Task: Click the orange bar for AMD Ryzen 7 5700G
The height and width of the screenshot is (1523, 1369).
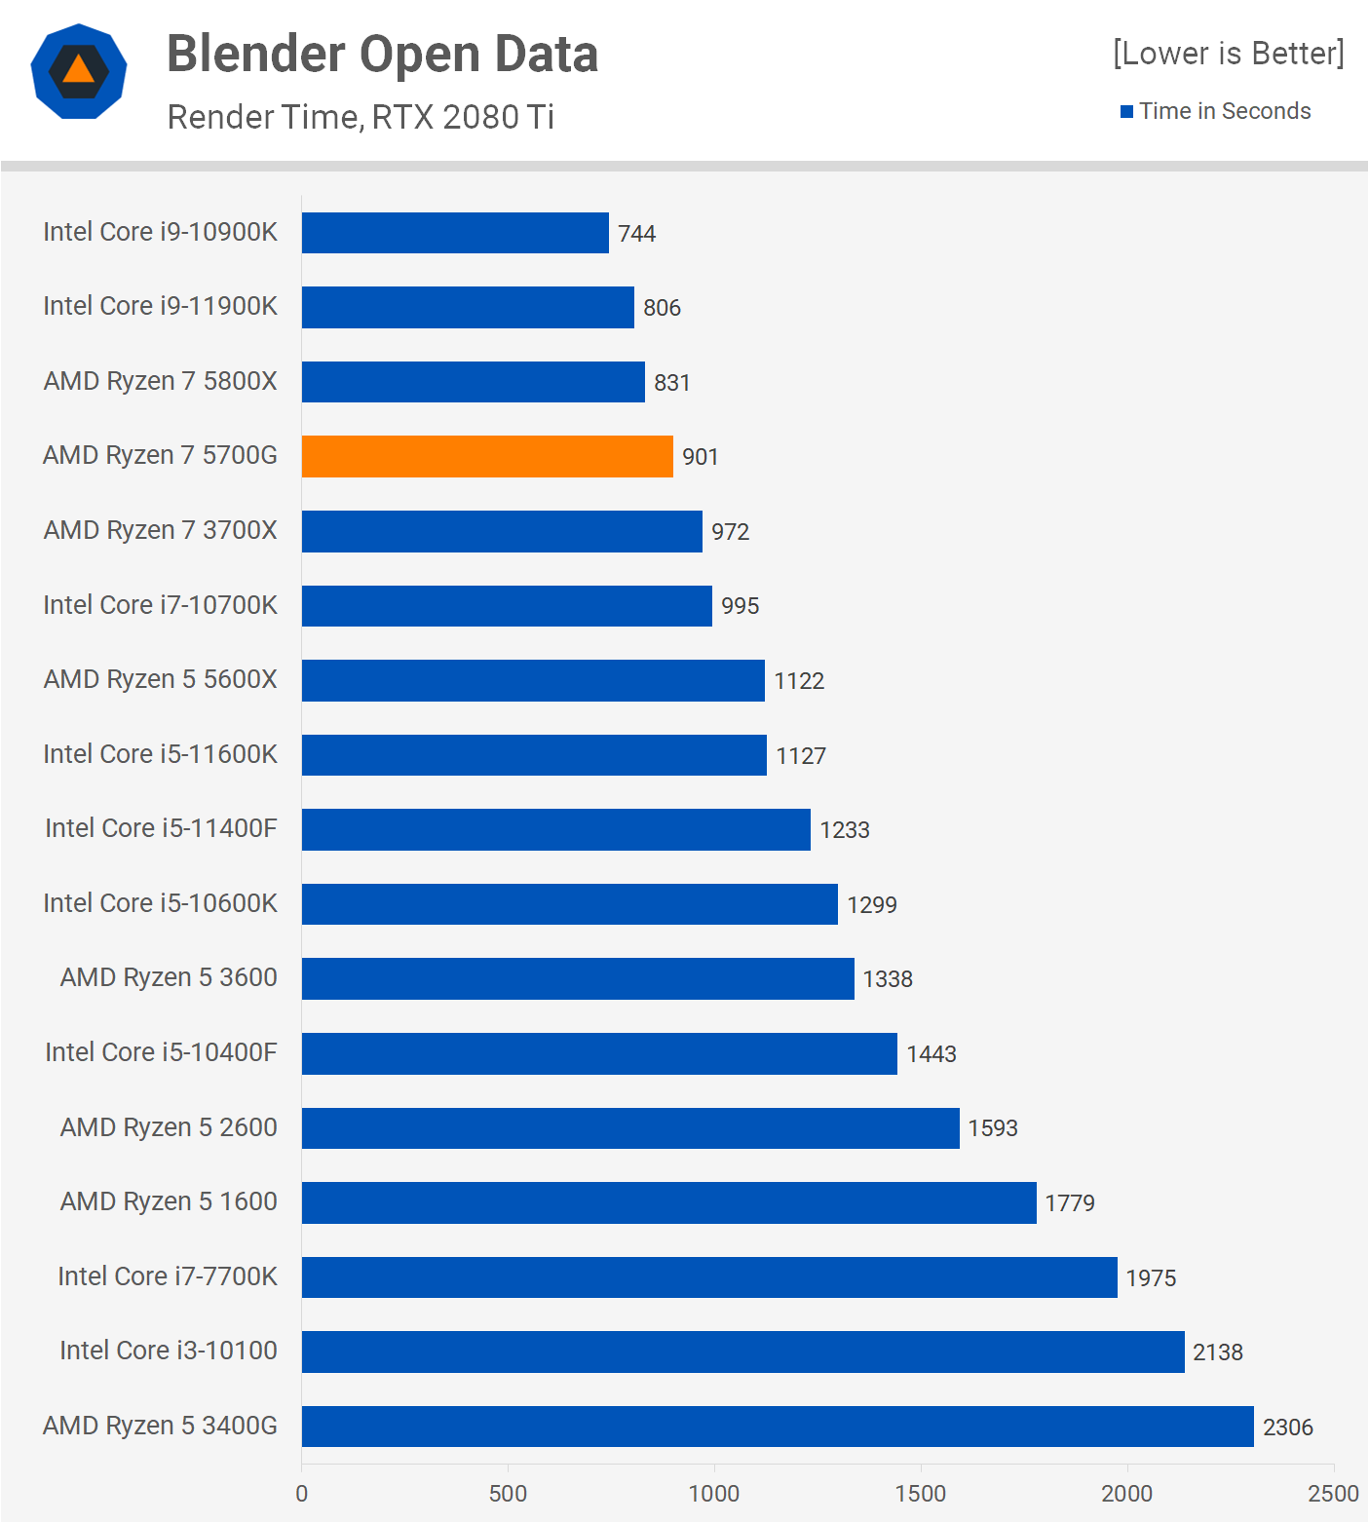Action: [x=487, y=456]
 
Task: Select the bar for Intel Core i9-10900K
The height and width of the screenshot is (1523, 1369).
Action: [x=455, y=233]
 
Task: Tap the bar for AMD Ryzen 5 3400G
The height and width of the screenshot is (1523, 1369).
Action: [x=778, y=1427]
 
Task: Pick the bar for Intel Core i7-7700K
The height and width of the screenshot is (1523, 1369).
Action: [x=709, y=1277]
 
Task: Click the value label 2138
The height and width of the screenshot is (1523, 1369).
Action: [x=1218, y=1352]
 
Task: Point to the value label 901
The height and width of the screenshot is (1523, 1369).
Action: [x=701, y=457]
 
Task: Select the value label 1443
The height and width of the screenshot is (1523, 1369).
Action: [x=932, y=1054]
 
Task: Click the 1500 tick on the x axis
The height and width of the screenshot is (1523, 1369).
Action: [x=921, y=1494]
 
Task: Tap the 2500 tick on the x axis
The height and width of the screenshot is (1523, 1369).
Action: [x=1333, y=1494]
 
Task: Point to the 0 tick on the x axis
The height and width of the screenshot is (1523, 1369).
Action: [x=302, y=1494]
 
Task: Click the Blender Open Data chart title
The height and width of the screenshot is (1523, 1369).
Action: [x=382, y=55]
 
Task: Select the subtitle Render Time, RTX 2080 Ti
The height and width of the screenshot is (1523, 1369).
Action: [x=361, y=117]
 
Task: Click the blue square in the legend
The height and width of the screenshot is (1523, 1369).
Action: [x=1127, y=112]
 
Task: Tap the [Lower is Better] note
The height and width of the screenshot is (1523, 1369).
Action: [x=1228, y=54]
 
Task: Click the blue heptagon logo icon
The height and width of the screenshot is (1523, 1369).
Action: [x=79, y=71]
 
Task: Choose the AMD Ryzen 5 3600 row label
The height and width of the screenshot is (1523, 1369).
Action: [x=169, y=977]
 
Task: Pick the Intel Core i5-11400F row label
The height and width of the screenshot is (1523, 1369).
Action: [x=161, y=828]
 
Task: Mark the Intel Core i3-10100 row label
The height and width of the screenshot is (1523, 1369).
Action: [x=169, y=1351]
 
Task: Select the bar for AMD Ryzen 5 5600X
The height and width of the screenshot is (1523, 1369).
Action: [x=533, y=680]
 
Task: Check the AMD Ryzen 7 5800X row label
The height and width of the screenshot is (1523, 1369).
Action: [x=161, y=381]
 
